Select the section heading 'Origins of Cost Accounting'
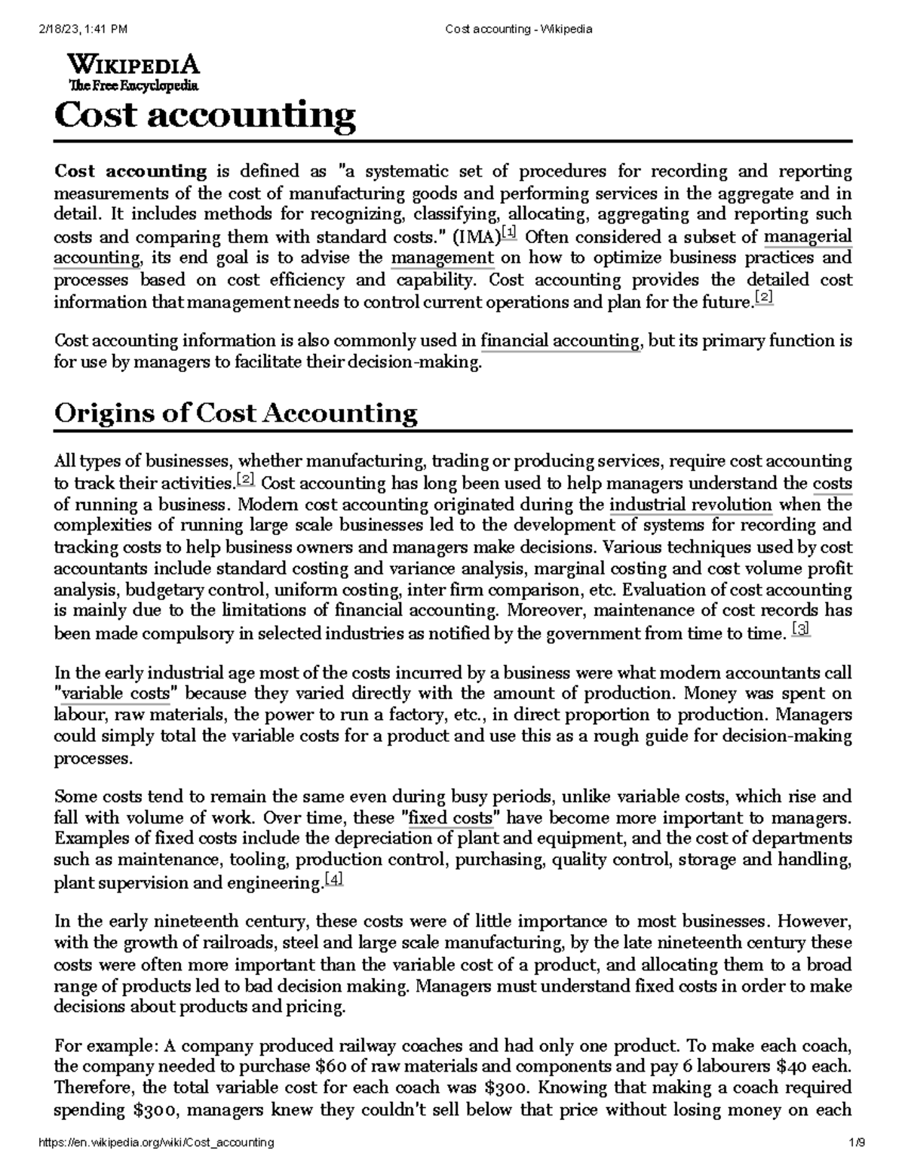[x=236, y=414]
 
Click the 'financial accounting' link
[x=560, y=341]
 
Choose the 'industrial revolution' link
[x=690, y=504]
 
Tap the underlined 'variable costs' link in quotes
[x=118, y=694]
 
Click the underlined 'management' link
[x=443, y=258]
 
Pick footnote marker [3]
[x=801, y=629]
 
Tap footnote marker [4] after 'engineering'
[x=333, y=879]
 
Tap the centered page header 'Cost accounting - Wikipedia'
[x=519, y=29]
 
